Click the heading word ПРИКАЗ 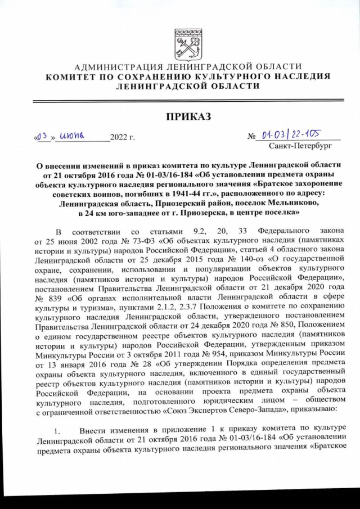(188, 116)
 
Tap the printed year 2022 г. (123, 137)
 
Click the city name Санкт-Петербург (300, 147)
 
